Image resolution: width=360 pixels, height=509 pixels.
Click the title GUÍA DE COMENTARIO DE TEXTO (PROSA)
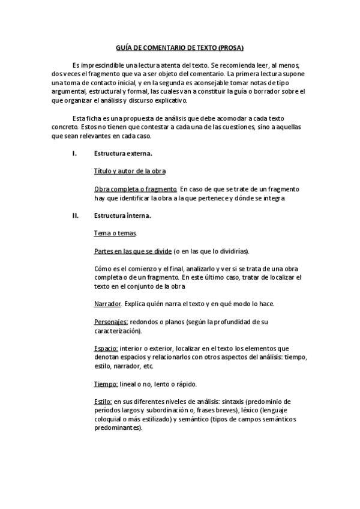(180, 47)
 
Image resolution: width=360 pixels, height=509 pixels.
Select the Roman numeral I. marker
(74, 154)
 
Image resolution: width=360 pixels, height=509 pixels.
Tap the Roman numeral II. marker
(76, 215)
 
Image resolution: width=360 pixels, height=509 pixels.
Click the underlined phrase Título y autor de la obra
(130, 171)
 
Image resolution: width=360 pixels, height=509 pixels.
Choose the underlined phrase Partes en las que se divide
(133, 250)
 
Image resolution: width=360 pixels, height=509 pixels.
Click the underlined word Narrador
(108, 303)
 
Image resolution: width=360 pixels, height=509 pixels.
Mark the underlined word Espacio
(106, 348)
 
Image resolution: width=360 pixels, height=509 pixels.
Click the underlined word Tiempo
(106, 384)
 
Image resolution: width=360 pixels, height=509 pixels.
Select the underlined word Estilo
(103, 402)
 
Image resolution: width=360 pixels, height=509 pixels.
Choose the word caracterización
(118, 331)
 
